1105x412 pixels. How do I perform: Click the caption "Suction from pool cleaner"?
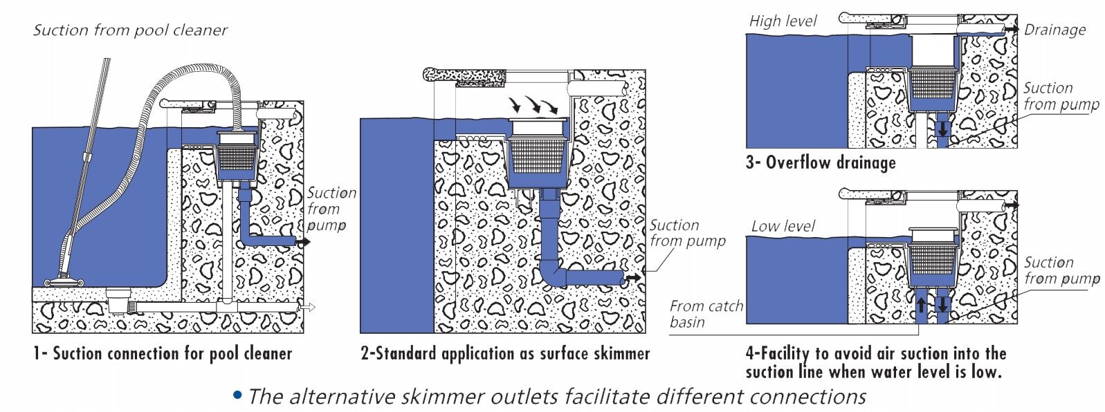point(130,30)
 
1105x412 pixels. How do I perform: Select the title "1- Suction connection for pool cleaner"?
point(163,354)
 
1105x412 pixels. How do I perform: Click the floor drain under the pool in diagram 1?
point(119,301)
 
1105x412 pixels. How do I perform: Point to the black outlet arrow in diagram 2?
point(632,278)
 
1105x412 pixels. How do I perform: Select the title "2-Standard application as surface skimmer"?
point(505,354)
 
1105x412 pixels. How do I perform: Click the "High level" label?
point(783,21)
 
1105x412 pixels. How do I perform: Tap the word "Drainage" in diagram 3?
point(1054,30)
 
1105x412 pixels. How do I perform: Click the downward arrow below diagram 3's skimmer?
point(942,129)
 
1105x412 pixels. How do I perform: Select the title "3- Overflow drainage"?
point(821,162)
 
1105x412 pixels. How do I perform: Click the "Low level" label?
point(783,226)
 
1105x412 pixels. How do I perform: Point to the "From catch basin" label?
point(706,314)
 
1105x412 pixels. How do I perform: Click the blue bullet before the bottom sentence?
point(237,395)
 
